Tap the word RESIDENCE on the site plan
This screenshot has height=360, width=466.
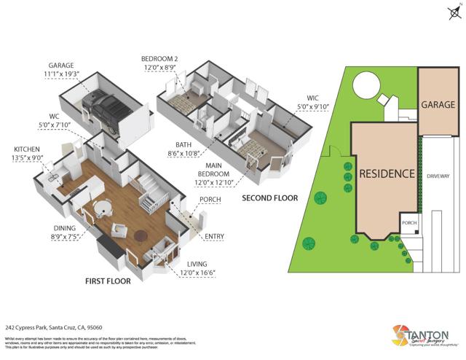pos(387,174)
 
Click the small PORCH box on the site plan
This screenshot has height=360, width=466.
pos(408,222)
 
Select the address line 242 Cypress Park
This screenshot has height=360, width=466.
pos(53,328)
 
